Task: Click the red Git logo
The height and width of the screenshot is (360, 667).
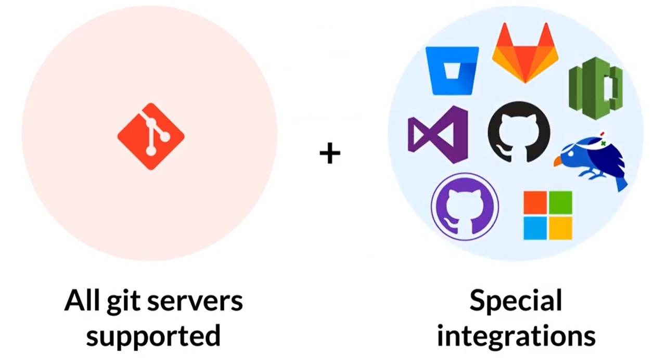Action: [151, 136]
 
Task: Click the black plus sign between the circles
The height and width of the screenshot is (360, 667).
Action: [330, 153]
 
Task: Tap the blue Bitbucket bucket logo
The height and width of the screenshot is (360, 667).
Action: [452, 70]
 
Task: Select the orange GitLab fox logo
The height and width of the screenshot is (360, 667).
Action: [525, 52]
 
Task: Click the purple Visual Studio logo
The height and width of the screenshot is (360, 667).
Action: [438, 134]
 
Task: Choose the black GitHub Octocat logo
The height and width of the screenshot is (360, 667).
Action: [519, 132]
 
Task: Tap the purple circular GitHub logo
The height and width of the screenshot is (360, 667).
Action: [465, 207]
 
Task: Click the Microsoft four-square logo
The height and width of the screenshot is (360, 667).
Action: [548, 215]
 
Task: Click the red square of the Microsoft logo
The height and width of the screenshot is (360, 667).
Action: [535, 202]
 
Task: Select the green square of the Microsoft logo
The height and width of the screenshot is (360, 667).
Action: [561, 202]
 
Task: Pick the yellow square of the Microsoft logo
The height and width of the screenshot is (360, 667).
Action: [561, 228]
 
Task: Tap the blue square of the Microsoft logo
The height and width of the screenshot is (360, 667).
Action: [535, 228]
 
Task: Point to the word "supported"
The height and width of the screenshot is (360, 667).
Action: [153, 336]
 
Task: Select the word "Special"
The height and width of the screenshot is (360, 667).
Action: [516, 301]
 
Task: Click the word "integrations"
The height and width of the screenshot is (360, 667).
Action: [516, 336]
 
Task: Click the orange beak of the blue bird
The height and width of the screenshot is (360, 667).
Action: [557, 162]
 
